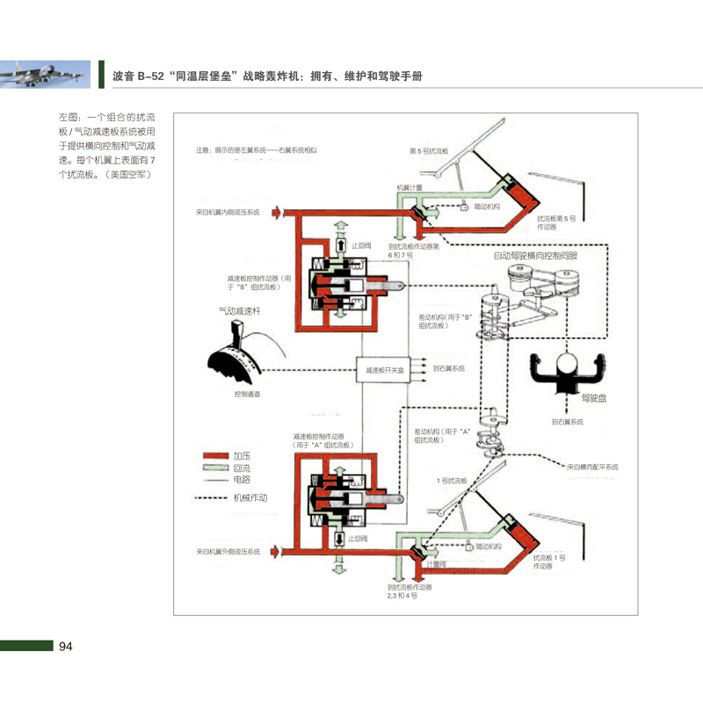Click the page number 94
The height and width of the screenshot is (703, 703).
click(66, 648)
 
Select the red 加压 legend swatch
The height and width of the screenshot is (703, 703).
click(215, 456)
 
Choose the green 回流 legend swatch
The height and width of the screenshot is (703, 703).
click(215, 468)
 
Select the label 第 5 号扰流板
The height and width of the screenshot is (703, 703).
click(430, 151)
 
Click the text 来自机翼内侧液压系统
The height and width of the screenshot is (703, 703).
click(228, 212)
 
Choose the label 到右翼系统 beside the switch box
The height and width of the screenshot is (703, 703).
click(449, 369)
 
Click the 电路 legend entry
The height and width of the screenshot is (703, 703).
click(243, 480)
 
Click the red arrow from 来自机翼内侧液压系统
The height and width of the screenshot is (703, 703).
click(277, 212)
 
